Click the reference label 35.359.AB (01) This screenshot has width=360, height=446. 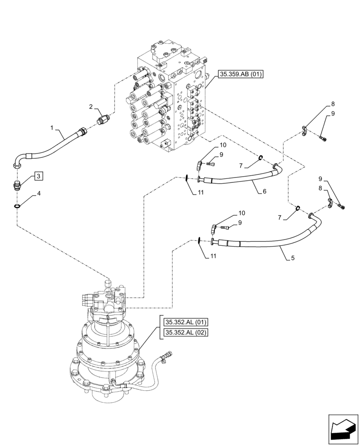click(241, 74)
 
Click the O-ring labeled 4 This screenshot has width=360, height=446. click(17, 206)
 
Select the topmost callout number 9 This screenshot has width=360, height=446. click(333, 114)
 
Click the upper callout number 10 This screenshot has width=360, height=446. click(223, 145)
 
